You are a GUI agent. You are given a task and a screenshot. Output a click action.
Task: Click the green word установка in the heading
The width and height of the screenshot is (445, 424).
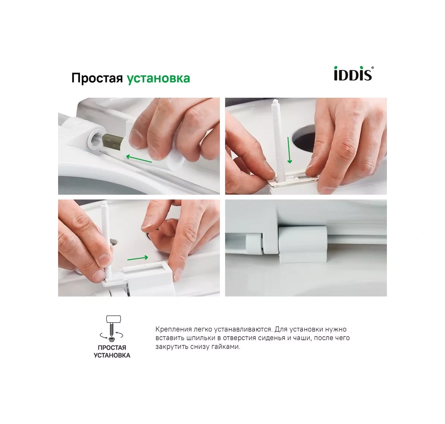[x=158, y=78]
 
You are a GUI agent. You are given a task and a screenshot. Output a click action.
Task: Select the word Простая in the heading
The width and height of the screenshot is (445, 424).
[x=97, y=78]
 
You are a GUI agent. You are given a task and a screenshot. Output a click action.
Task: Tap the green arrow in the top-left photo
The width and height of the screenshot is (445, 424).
[x=139, y=159]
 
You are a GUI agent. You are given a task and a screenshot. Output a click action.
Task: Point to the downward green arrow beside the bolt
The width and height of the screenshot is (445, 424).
[x=290, y=150]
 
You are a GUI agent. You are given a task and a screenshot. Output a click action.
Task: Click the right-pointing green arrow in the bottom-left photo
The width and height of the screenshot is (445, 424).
[x=138, y=258]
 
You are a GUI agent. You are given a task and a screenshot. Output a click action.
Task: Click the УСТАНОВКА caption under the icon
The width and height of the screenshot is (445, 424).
[x=112, y=355]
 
